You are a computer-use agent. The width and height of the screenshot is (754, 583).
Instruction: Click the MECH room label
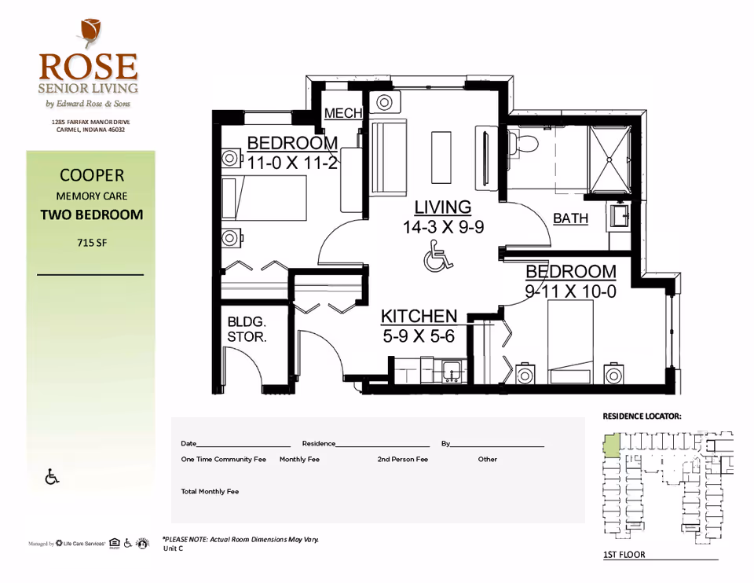pyautogui.click(x=343, y=113)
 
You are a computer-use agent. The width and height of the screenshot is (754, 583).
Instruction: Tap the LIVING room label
pyautogui.click(x=443, y=207)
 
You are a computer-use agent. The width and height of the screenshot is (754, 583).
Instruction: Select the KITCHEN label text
pyautogui.click(x=419, y=316)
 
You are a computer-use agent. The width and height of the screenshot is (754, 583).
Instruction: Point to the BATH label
pyautogui.click(x=570, y=218)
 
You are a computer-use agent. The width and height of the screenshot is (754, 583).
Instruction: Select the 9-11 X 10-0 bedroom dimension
pyautogui.click(x=571, y=291)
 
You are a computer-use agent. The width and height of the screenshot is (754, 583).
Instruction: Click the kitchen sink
pyautogui.click(x=451, y=370)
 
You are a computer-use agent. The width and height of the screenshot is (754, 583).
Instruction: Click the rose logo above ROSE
pyautogui.click(x=89, y=33)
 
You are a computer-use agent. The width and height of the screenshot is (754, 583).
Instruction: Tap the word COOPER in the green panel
pyautogui.click(x=92, y=175)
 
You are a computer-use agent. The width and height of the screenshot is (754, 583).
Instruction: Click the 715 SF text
pyautogui.click(x=92, y=243)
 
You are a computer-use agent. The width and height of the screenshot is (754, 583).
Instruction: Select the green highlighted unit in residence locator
pyautogui.click(x=611, y=446)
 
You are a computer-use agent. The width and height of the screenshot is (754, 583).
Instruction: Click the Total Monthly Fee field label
pyautogui.click(x=210, y=492)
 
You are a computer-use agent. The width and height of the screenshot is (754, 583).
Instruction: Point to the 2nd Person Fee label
pyautogui.click(x=402, y=460)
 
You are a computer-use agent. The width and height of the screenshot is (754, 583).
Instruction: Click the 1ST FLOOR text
pyautogui.click(x=624, y=555)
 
